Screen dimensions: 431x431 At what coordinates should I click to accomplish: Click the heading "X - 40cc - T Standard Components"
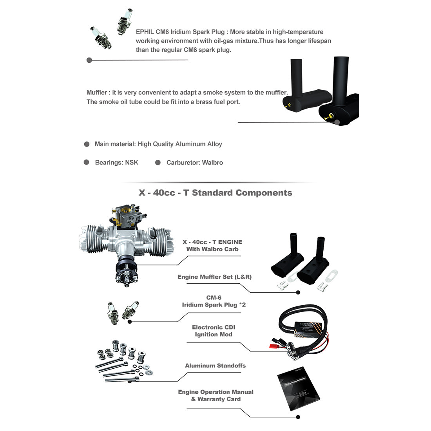(215, 193)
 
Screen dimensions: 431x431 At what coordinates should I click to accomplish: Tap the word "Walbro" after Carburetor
(212, 163)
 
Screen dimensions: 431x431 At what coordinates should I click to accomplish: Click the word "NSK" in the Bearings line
(132, 163)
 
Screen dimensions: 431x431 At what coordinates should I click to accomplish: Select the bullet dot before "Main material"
(87, 144)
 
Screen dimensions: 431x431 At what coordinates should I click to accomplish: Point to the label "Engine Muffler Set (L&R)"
(214, 277)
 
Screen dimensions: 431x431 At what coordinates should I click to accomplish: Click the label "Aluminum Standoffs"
(215, 366)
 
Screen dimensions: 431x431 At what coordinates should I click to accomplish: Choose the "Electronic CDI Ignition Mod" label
(214, 331)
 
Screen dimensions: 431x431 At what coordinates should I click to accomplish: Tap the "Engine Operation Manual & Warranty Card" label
(215, 395)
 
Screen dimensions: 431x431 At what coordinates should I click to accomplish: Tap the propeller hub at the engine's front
(126, 275)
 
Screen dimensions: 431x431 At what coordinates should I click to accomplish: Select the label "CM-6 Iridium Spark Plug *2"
(214, 301)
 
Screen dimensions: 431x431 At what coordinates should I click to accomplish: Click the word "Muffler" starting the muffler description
(96, 93)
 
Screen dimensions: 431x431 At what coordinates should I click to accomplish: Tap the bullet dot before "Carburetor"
(158, 163)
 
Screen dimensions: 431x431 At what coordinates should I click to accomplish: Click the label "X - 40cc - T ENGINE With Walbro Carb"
(212, 245)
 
